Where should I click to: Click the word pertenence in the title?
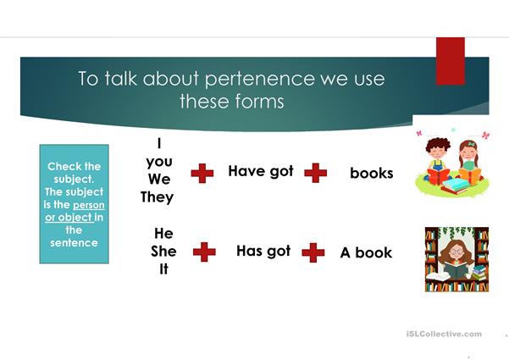[260, 80]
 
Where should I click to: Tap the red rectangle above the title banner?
[451, 61]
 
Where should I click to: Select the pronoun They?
[158, 197]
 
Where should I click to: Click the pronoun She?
[163, 252]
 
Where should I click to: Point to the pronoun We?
[159, 180]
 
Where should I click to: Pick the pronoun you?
[159, 162]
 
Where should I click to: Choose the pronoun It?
[163, 269]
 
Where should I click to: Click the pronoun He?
[163, 234]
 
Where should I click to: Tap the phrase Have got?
[261, 171]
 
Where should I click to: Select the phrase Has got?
[263, 251]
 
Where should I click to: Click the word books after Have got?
[371, 173]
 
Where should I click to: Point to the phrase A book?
[366, 252]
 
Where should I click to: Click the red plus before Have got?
[202, 174]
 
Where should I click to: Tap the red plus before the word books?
[316, 173]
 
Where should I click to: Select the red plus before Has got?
[204, 252]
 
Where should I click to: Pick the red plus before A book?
[313, 252]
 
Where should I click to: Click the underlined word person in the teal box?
[89, 206]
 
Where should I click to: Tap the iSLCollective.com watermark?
[444, 334]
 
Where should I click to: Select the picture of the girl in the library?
[456, 259]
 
